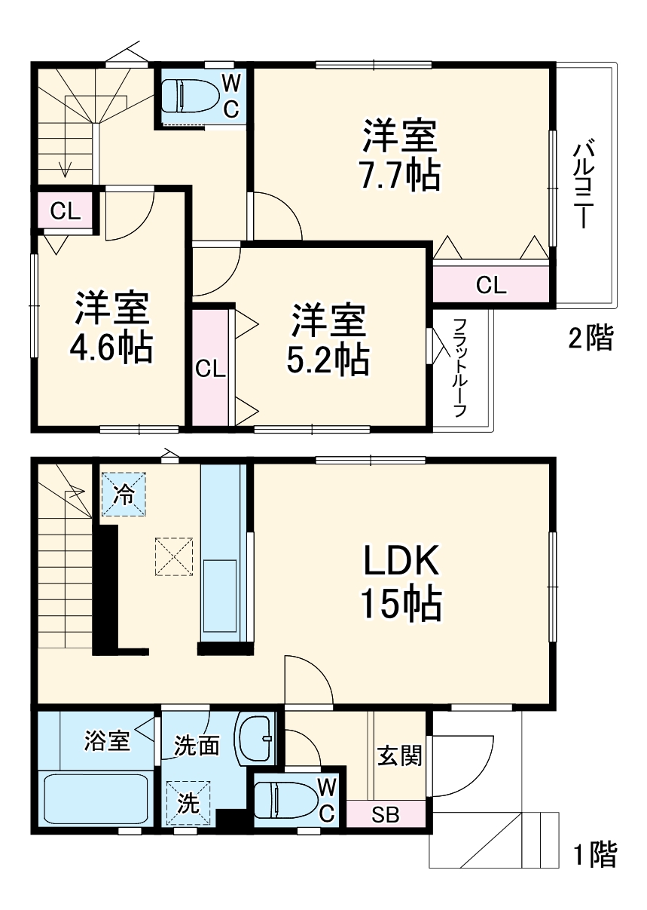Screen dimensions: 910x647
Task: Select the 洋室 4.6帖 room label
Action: (111, 327)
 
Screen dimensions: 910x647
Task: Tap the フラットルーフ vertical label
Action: (459, 368)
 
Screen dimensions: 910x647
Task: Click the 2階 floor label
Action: (591, 339)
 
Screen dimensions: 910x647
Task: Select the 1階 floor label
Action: (594, 855)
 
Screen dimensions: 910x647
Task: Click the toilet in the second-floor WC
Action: (192, 97)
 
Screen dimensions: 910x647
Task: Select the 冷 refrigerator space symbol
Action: (122, 494)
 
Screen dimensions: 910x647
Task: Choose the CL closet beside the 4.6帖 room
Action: (65, 212)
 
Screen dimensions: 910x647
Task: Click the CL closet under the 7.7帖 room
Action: (492, 284)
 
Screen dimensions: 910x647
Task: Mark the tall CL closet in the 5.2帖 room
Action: (210, 369)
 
